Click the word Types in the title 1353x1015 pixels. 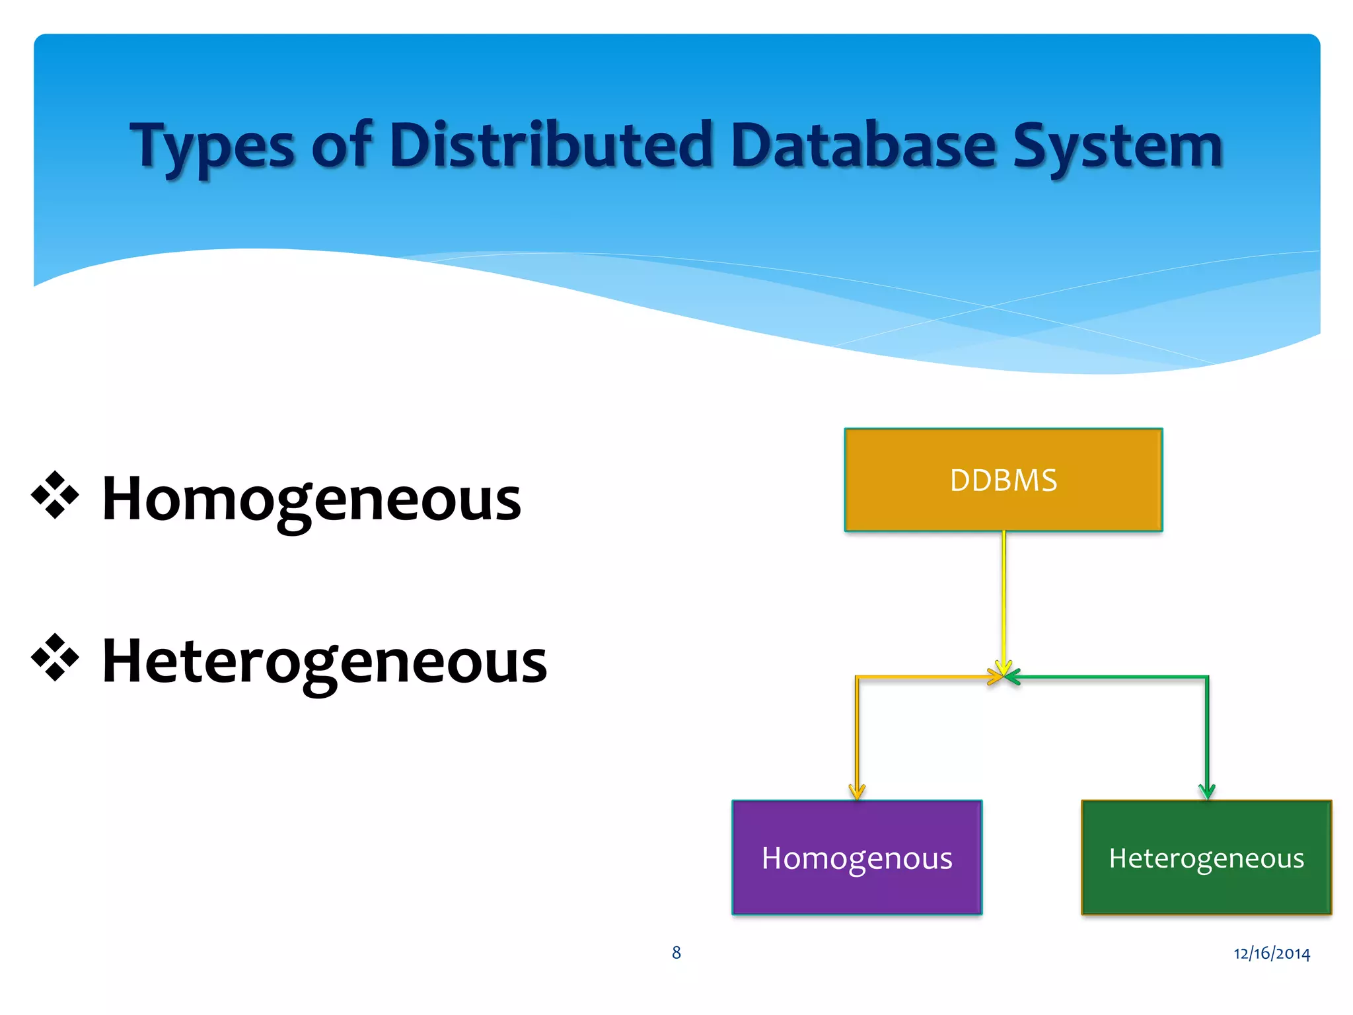211,147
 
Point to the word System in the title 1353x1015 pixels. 1118,147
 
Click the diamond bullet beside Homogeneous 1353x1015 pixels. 55,495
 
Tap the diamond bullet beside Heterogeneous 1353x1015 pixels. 55,658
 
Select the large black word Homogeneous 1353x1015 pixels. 311,499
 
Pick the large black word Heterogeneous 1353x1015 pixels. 324,661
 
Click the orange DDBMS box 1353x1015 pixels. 1003,480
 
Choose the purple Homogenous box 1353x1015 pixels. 857,857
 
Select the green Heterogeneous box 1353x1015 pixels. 1206,857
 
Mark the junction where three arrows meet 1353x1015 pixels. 1004,675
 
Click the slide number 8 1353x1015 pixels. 676,952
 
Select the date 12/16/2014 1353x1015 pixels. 1271,953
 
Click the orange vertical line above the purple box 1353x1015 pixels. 857,733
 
